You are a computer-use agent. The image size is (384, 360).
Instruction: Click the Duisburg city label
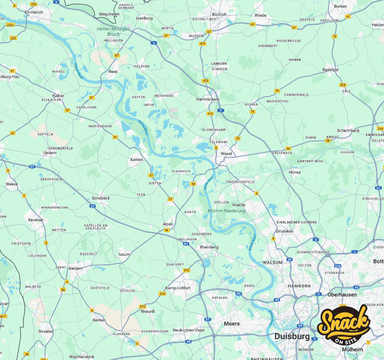click(x=292, y=336)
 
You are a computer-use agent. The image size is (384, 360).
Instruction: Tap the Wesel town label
click(x=226, y=153)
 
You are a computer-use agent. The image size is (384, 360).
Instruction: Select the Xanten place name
click(x=136, y=160)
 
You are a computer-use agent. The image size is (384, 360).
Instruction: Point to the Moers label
click(x=231, y=324)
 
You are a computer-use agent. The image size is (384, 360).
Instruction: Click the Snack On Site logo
click(x=344, y=325)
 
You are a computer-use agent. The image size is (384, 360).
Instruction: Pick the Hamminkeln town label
click(x=208, y=99)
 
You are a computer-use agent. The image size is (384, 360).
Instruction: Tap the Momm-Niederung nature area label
click(x=226, y=211)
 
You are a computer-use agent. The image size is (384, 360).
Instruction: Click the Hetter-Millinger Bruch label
click(x=113, y=31)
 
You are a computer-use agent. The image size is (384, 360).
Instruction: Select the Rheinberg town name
click(x=209, y=247)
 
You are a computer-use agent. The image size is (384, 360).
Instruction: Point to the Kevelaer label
click(x=36, y=219)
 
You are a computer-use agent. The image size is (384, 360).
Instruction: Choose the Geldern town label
click(x=76, y=268)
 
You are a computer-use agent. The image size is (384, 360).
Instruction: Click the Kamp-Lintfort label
click(x=177, y=288)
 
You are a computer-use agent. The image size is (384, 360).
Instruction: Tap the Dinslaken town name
click(x=285, y=231)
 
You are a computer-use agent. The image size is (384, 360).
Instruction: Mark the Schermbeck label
click(x=348, y=131)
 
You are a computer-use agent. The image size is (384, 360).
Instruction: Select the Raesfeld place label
click(x=330, y=69)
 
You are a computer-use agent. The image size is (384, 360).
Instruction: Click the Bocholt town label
click(x=219, y=15)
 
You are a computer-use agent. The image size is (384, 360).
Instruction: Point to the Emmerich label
click(x=34, y=12)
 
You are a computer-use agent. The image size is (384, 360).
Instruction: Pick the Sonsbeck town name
click(x=101, y=198)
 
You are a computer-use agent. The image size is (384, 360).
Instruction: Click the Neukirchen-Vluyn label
click(x=189, y=330)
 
